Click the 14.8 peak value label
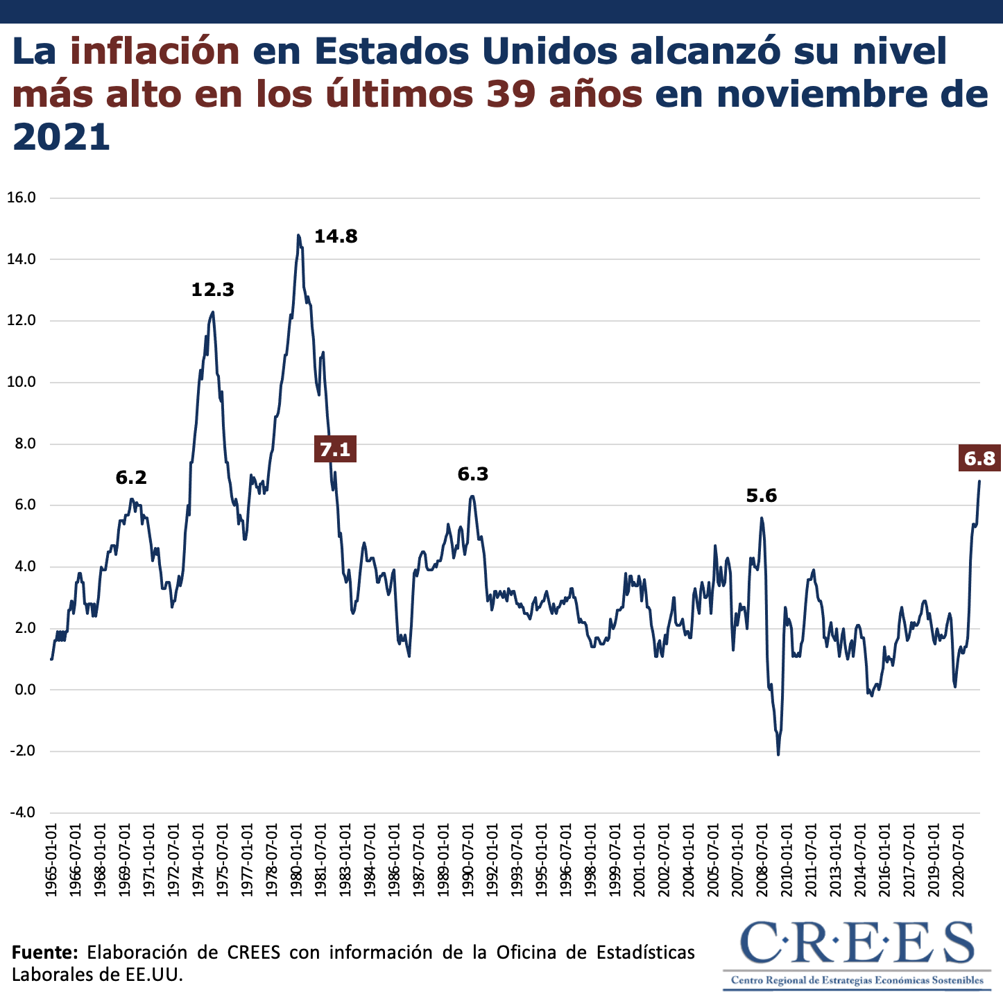tap(336, 236)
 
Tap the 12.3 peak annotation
tap(213, 290)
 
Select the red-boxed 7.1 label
tap(335, 450)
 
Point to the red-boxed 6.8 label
tap(979, 458)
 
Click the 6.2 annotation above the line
tap(131, 477)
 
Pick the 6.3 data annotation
tap(473, 474)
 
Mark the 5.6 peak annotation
tap(762, 496)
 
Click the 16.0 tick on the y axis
tap(21, 198)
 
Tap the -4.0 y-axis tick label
tap(21, 812)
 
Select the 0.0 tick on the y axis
tap(23, 690)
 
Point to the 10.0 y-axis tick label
tap(21, 382)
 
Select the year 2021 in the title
tap(62, 137)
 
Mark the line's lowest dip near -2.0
tap(778, 754)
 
